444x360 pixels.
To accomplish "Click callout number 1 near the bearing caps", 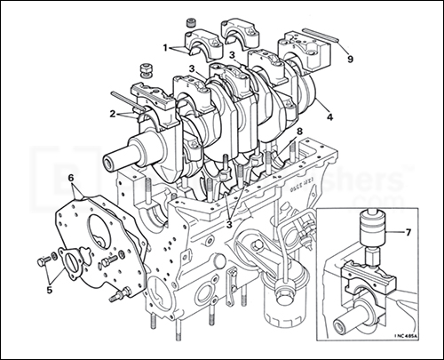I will point(165,44).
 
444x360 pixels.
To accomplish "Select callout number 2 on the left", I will point(114,114).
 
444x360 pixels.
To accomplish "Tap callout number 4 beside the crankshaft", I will point(329,116).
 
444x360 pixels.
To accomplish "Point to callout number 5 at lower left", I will point(49,288).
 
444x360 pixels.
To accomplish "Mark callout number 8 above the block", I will point(299,132).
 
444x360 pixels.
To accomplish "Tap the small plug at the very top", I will point(188,20).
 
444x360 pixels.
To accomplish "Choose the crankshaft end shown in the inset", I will point(352,316).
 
